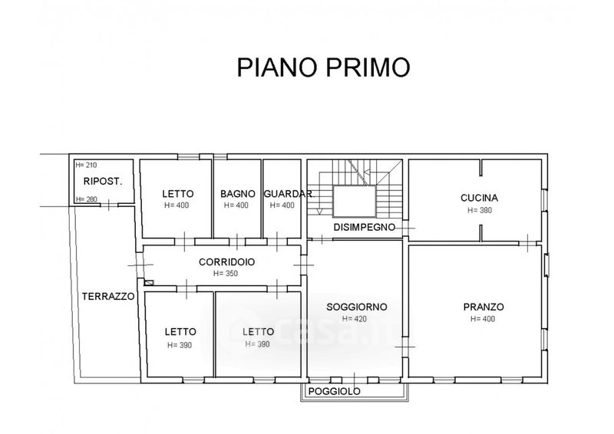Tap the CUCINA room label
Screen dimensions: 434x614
(480, 197)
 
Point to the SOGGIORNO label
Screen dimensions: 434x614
(356, 307)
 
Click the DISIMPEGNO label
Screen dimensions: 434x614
(365, 227)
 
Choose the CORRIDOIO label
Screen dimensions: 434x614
(227, 261)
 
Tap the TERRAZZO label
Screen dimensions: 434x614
(108, 295)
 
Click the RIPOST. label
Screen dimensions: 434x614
(104, 182)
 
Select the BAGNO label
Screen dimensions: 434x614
(236, 193)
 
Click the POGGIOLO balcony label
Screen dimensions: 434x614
(334, 391)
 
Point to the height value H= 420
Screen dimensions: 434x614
(356, 319)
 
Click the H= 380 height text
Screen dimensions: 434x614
(480, 209)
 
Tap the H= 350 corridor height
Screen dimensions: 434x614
(227, 274)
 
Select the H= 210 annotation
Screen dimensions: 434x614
(87, 165)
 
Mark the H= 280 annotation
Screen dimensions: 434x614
(87, 199)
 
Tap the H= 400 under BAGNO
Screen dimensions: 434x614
(236, 205)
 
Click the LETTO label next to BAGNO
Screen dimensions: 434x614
(177, 193)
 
